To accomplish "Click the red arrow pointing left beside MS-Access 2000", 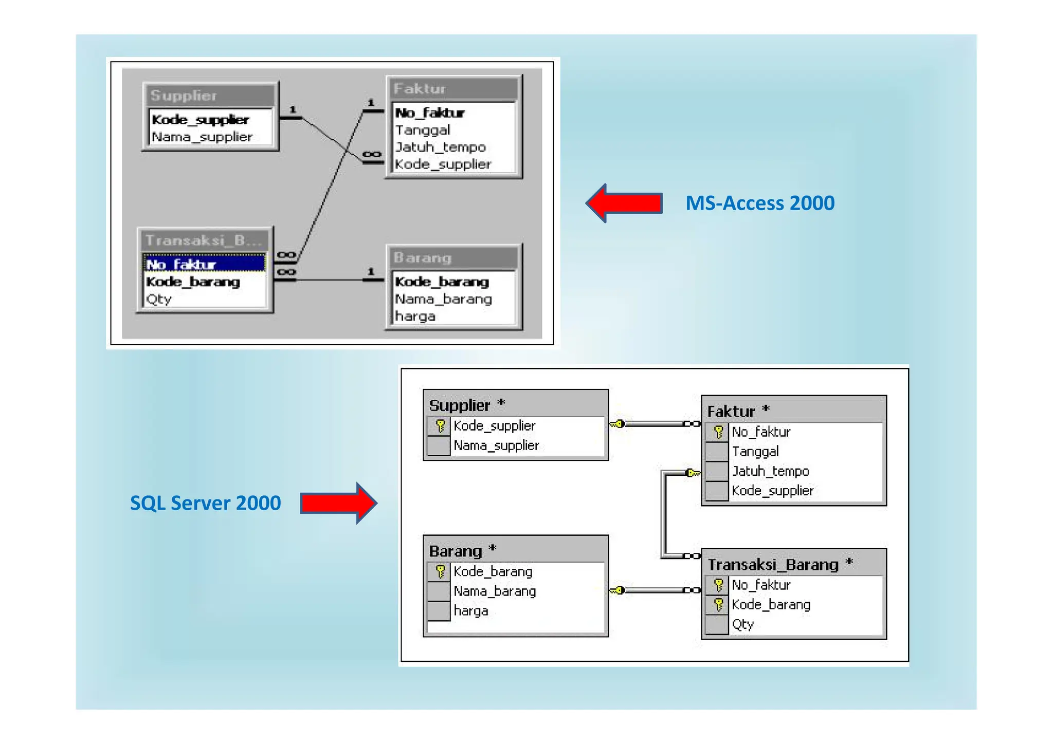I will [624, 203].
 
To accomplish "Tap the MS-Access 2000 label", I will [759, 203].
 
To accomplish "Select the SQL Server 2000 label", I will [205, 503].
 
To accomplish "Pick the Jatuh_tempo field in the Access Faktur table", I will [440, 147].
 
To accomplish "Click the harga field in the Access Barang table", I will [415, 316].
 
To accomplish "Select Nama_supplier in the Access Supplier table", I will [202, 137].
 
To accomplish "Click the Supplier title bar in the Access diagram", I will [210, 96].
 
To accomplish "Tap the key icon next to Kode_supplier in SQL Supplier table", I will [440, 425].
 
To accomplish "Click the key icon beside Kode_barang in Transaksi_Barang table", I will [718, 605].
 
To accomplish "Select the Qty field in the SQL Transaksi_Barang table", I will [742, 624].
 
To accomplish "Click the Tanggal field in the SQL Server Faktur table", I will [755, 451].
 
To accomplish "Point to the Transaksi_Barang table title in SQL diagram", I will [773, 564].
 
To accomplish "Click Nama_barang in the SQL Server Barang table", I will [494, 591].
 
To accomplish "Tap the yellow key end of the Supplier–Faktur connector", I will [618, 424].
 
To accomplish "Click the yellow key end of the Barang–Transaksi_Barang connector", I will [618, 590].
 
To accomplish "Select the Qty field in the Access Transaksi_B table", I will [159, 299].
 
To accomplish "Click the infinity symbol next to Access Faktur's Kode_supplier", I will [372, 154].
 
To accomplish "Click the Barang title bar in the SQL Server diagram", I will [514, 551].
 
